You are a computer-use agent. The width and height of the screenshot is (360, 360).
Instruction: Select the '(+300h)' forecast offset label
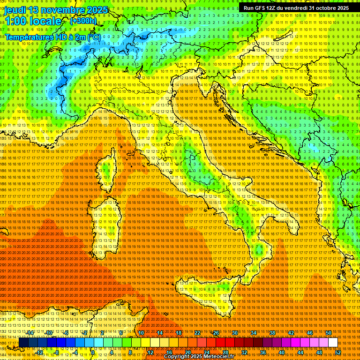click(x=83, y=21)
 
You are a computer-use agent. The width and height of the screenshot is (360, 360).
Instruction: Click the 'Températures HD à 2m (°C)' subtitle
click(x=52, y=37)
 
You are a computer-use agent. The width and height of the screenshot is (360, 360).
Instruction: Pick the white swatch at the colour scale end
click(x=333, y=343)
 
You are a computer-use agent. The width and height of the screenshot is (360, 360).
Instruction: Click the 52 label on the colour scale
click(x=338, y=352)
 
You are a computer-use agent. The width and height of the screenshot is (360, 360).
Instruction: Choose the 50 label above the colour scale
click(x=329, y=333)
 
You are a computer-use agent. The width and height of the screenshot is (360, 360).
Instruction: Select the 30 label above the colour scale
click(x=235, y=333)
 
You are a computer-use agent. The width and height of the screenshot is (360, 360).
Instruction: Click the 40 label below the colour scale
click(x=281, y=352)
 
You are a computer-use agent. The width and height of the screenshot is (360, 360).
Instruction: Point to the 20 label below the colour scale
click(x=187, y=352)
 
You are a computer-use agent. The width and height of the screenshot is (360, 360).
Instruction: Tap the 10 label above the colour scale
click(x=141, y=333)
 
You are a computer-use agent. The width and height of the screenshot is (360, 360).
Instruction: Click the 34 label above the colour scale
click(x=254, y=333)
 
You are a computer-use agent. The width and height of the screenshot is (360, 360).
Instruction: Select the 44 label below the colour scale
click(x=300, y=352)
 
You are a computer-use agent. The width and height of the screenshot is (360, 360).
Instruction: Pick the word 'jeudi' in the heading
click(x=15, y=10)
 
